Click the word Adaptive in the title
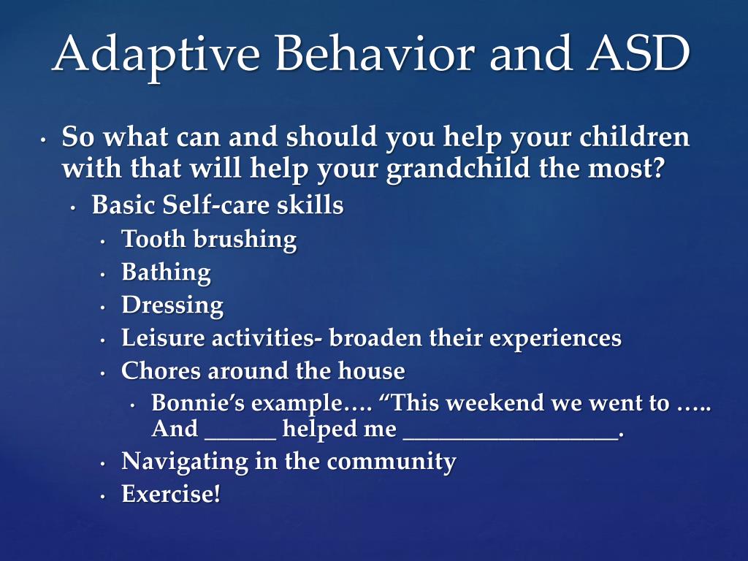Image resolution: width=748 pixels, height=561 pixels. point(156,56)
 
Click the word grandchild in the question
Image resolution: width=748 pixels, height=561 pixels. point(458,169)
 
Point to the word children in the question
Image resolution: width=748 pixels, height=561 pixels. point(635,137)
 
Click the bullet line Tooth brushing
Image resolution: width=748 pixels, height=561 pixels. point(209,240)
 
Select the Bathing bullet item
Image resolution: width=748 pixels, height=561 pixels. point(166,273)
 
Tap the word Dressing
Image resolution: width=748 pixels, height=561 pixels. point(172,306)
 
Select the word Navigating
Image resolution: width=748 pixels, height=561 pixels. point(185,462)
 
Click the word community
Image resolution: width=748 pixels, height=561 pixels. point(392,462)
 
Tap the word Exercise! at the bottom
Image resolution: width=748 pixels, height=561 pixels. point(171,494)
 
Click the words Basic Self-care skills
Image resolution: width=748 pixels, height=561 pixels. point(218,205)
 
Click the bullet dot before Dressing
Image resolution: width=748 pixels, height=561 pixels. point(102,308)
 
